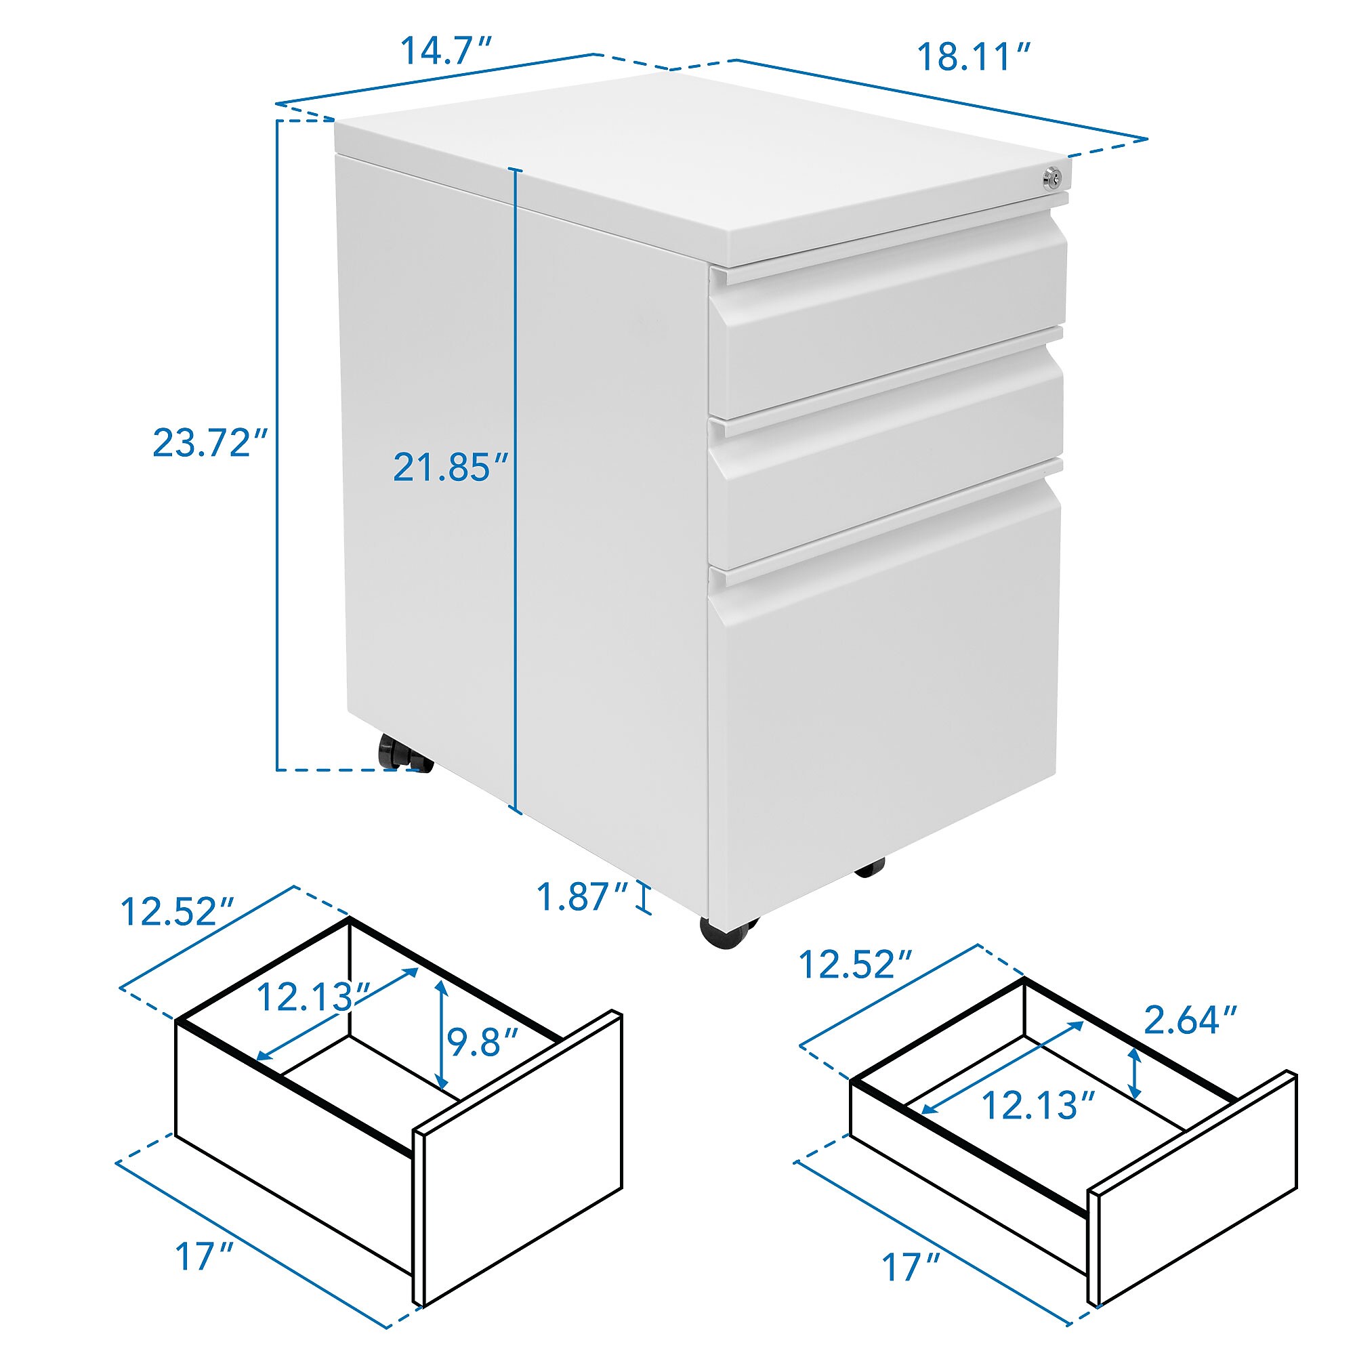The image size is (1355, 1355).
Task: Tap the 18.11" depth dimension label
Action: point(974,56)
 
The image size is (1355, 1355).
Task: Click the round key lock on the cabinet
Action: point(1052,178)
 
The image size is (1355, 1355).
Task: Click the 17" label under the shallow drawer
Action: point(911,1268)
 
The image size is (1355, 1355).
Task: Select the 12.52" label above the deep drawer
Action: point(178,913)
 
